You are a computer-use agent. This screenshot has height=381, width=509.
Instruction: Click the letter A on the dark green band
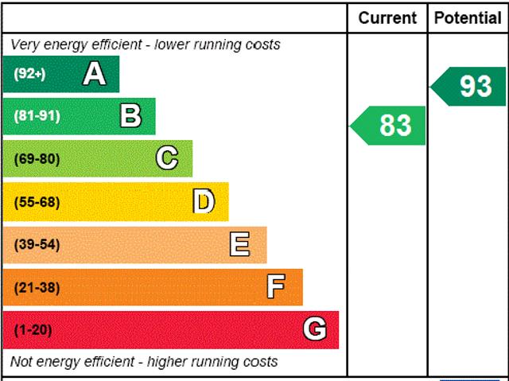click(94, 74)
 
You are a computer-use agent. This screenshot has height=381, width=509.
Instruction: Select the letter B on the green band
click(130, 116)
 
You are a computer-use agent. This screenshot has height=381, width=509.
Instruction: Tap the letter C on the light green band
click(167, 158)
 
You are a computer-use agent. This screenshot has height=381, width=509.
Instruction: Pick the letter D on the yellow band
click(204, 201)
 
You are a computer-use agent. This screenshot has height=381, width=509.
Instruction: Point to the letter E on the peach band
click(239, 244)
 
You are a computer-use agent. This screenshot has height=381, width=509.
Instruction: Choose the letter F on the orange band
click(276, 287)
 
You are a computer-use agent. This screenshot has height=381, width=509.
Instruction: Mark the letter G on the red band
click(315, 329)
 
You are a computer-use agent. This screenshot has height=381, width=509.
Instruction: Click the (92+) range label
click(29, 74)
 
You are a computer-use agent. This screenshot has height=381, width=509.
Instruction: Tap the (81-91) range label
click(37, 116)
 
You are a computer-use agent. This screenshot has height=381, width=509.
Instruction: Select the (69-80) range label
click(37, 159)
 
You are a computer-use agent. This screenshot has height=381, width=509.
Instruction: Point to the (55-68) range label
click(37, 202)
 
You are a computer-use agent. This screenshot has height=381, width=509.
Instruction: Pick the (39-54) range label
click(37, 244)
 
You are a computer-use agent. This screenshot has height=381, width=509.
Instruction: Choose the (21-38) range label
click(37, 287)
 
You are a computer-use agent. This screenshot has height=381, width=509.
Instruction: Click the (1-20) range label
click(33, 329)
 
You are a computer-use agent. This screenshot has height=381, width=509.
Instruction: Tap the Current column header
click(387, 17)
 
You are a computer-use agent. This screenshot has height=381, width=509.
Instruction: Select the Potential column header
click(468, 17)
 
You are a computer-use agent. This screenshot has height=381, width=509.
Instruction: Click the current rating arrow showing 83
click(389, 126)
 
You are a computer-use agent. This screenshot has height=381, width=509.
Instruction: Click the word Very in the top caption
click(25, 45)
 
